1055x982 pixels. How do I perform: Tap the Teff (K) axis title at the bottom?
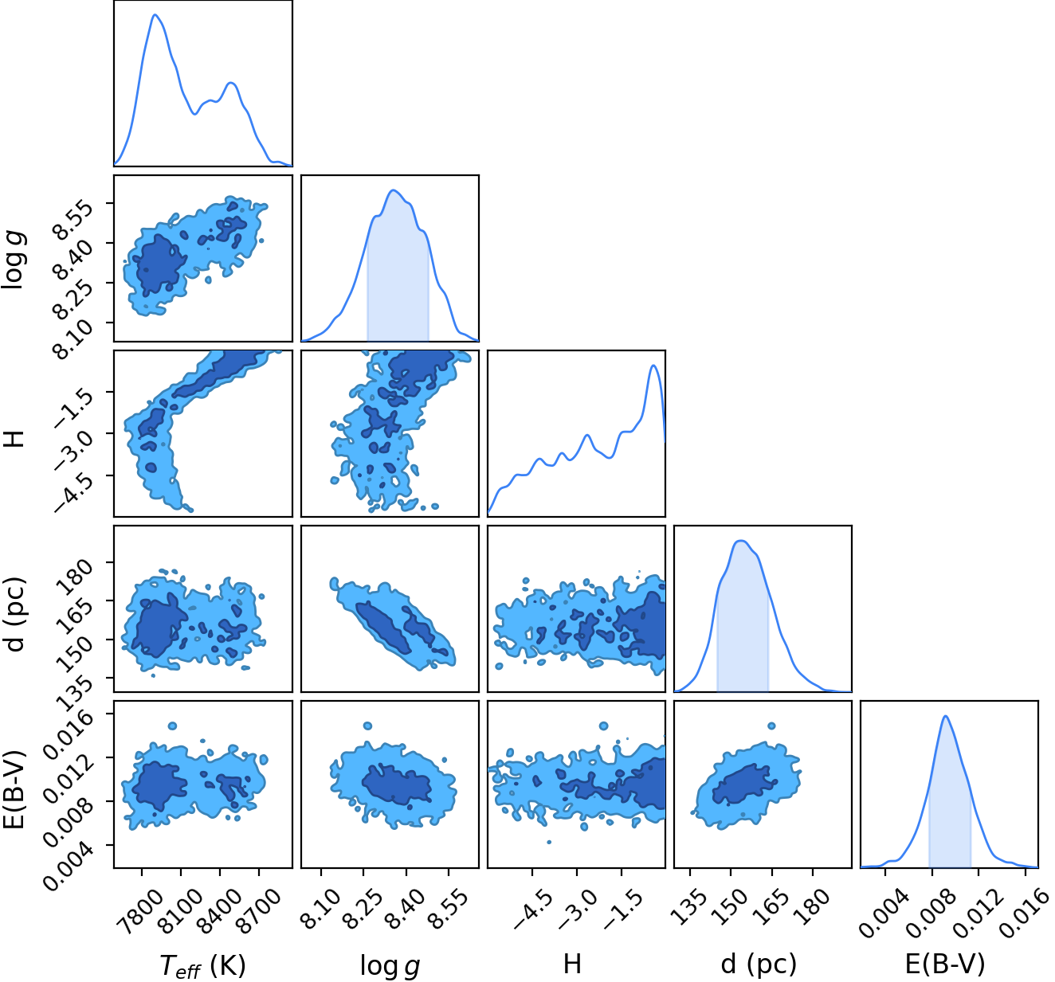point(202,964)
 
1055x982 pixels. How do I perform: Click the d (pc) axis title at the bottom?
point(759,964)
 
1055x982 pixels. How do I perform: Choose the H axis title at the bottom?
point(572,964)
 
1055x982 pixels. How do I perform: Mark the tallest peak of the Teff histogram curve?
point(155,14)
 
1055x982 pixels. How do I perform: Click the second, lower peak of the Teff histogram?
point(230,83)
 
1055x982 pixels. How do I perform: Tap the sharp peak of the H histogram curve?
point(654,366)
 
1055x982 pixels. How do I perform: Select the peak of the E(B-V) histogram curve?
point(946,716)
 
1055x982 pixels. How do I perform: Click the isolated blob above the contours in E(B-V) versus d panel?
point(771,726)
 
